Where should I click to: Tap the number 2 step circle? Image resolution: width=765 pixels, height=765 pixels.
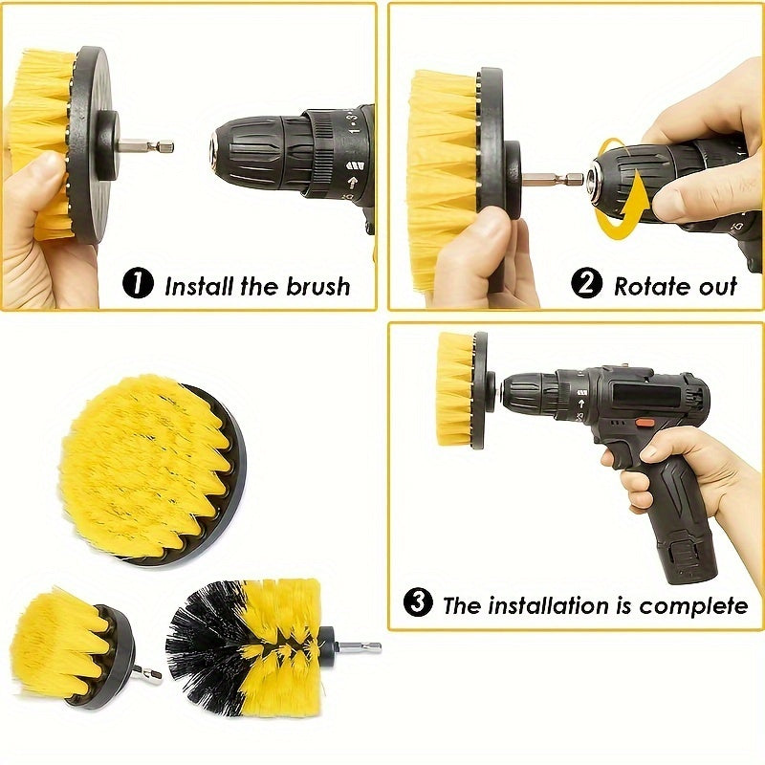click(587, 284)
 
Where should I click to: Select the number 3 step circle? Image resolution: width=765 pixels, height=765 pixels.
click(417, 603)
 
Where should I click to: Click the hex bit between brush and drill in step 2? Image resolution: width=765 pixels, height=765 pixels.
click(555, 178)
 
